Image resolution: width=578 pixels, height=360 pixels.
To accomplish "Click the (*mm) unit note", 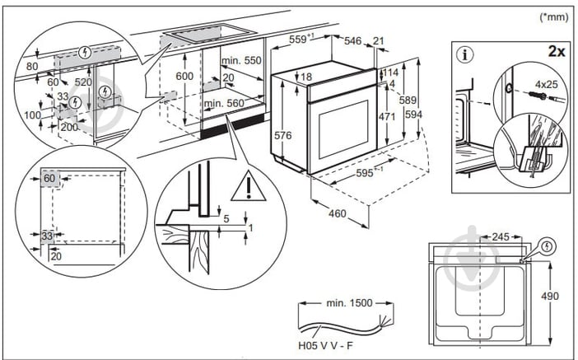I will tap(553, 16).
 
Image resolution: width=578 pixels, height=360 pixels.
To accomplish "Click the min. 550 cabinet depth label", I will tap(240, 61).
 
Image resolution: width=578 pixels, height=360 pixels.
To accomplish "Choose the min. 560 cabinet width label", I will tap(224, 103).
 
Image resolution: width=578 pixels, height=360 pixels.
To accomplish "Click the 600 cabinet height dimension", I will tap(184, 77).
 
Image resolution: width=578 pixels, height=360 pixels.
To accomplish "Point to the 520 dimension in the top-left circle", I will tap(83, 83).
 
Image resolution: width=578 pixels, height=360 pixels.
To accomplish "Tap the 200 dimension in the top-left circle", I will tap(68, 129).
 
